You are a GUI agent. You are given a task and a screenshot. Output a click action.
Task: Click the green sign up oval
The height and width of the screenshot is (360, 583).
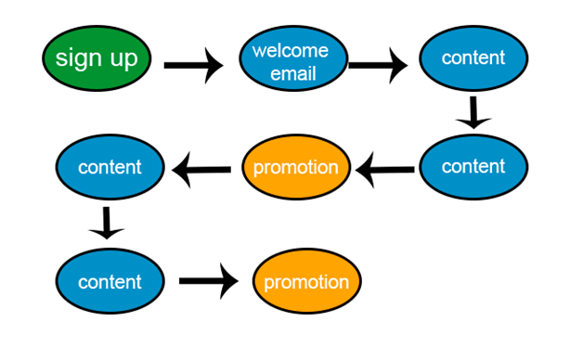97,59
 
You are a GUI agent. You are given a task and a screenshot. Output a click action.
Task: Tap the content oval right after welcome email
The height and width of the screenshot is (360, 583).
473,58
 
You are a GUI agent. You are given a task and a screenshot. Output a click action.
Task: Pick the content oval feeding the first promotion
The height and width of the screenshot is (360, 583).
473,167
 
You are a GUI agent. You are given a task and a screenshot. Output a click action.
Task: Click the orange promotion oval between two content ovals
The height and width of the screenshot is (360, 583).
296,168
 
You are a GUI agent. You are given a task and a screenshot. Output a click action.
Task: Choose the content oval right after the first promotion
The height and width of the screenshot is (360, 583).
110,168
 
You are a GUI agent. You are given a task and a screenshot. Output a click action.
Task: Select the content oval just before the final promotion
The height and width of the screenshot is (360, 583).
110,281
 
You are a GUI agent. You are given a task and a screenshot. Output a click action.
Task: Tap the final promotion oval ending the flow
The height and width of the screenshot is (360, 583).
306,282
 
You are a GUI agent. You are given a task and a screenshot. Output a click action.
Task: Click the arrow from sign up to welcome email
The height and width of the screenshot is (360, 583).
193,66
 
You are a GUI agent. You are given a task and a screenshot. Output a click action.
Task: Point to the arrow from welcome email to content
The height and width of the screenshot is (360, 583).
377,66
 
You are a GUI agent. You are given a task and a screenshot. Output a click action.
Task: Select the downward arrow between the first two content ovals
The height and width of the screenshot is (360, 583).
473,111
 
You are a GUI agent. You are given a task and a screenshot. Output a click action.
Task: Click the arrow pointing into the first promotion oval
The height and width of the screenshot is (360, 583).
385,169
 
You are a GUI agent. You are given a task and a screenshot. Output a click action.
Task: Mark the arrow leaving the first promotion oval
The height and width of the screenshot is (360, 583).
202,169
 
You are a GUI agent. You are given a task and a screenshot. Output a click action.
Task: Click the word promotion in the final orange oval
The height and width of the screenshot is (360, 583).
306,282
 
